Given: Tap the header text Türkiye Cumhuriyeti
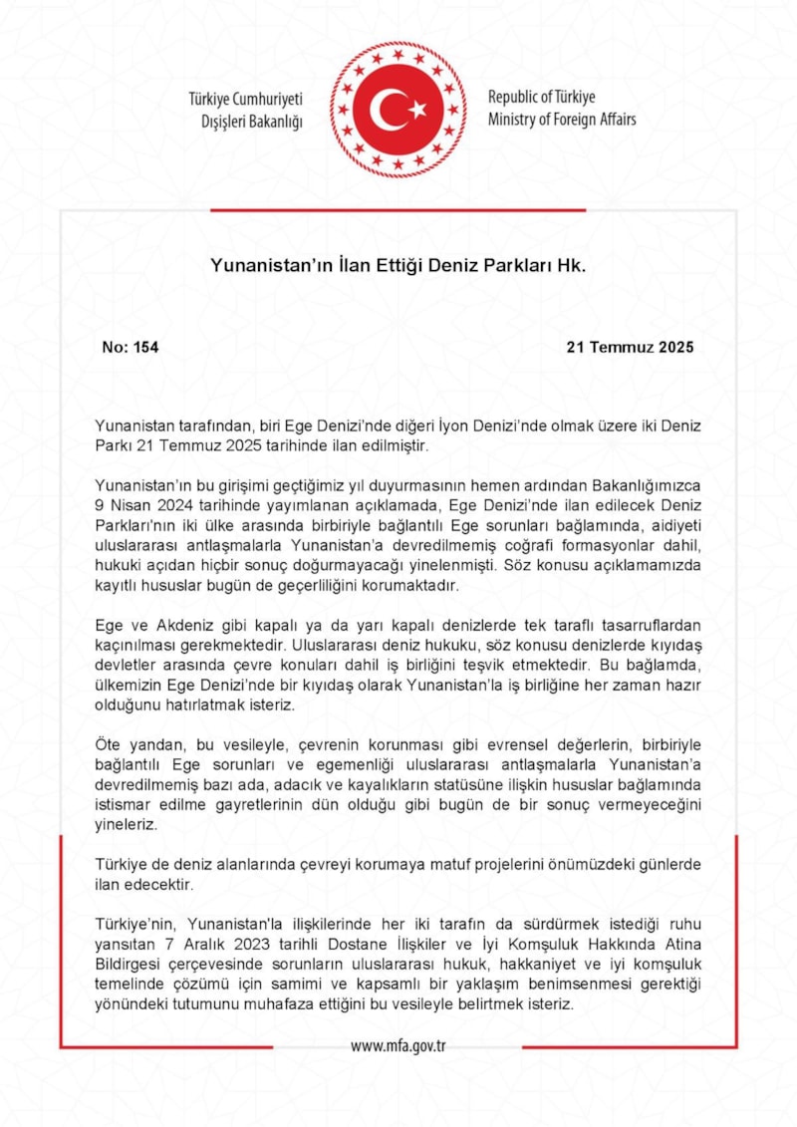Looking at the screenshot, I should click(x=245, y=99).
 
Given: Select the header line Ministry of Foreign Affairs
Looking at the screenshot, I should click(x=562, y=120).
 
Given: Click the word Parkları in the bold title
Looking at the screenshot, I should click(x=519, y=266).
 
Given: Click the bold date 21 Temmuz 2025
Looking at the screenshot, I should click(x=630, y=348).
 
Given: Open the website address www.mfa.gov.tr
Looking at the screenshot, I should click(x=398, y=1046).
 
